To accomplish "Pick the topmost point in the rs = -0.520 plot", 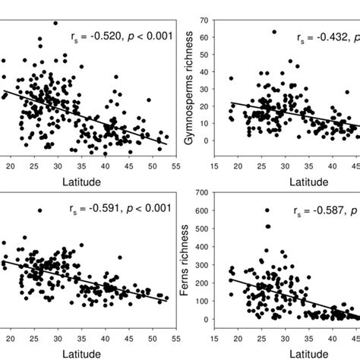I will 55,24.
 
